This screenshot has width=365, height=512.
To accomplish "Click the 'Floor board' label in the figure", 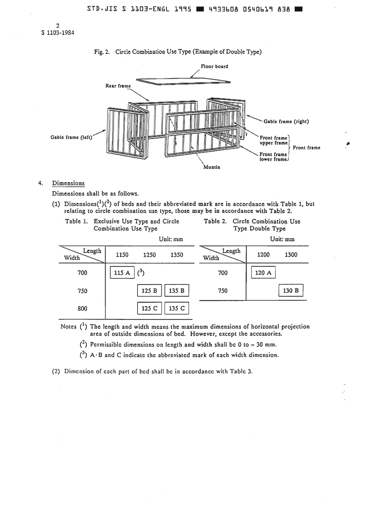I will point(214,67).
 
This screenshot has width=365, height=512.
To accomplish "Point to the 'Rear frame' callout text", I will point(118,86).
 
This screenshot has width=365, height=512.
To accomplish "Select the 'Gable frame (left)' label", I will point(71,137).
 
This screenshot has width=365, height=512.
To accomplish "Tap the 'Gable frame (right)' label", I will point(286,122).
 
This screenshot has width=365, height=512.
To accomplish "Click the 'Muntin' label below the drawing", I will point(212,167).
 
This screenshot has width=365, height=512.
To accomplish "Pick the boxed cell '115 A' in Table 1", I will point(122,273).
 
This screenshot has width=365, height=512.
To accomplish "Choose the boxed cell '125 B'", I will point(149,291).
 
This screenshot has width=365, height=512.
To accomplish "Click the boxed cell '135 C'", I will point(177,308).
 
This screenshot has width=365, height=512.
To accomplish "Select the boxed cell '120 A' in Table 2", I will point(263,273).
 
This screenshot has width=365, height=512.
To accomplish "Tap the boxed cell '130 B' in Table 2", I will point(291,291).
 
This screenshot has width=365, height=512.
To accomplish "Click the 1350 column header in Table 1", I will point(177,255).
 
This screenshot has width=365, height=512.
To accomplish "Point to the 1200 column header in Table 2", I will point(263,254).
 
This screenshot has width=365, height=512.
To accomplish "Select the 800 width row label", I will point(82,308).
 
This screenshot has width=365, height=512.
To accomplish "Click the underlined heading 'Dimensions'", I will point(68,183).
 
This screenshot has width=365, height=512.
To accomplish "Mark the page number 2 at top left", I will point(58,26).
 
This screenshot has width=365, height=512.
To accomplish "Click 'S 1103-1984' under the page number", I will point(58,33).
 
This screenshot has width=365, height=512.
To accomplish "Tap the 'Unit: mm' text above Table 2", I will point(282,239).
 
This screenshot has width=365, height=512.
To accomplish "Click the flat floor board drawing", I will point(183,81).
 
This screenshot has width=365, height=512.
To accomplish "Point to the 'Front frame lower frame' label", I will point(273,157).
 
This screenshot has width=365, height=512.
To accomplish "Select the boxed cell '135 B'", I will point(177,291).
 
